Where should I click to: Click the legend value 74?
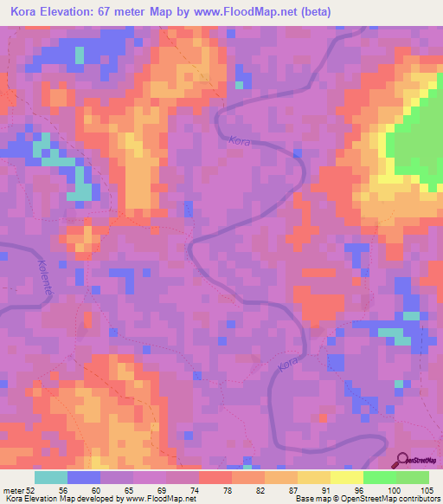(x=198, y=490)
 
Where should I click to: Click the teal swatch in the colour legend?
(x=51, y=477)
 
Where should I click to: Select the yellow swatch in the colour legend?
(x=313, y=477)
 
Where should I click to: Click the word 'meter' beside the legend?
(x=13, y=490)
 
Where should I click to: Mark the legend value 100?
(x=395, y=490)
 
